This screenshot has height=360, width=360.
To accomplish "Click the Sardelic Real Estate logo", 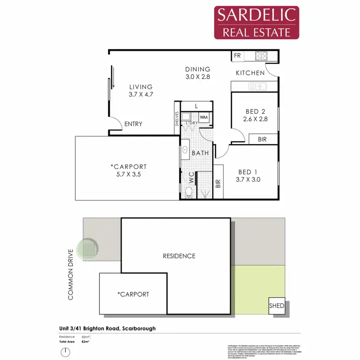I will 257,22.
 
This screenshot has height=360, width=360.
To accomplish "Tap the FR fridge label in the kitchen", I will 237,56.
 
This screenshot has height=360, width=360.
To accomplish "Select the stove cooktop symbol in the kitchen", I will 261,56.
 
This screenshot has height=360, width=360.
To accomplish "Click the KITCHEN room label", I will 250,73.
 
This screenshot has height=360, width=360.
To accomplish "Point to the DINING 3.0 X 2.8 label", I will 198,72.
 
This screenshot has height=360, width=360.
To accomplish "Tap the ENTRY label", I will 133,124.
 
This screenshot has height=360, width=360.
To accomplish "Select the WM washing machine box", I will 204,117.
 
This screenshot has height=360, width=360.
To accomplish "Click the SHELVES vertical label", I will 177,120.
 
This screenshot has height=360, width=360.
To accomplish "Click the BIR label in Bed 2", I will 262,139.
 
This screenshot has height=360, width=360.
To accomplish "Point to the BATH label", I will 200,153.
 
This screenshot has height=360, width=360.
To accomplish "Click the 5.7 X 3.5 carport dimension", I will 129,175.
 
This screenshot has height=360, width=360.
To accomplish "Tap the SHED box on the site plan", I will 276,306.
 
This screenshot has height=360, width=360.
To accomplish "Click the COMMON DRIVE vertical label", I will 71,275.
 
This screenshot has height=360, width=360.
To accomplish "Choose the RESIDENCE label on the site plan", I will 178,256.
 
